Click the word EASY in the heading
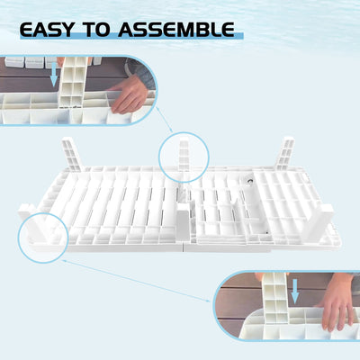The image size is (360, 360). [47, 30]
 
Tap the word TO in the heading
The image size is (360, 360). [97, 30]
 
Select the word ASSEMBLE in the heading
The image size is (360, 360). [176, 30]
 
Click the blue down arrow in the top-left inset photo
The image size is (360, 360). [54, 74]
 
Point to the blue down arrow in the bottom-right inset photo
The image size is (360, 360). [295, 292]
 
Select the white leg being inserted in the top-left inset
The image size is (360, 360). [73, 82]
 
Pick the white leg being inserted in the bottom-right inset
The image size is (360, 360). [275, 298]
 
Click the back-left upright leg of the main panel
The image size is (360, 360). [72, 154]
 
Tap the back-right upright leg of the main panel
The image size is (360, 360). [285, 153]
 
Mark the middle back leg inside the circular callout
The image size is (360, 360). [184, 155]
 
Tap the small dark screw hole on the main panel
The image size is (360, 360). [249, 181]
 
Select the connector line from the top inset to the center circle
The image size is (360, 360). [165, 120]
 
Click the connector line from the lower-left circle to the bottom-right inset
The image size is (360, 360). [136, 281]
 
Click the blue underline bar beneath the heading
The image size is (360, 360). [132, 36]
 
